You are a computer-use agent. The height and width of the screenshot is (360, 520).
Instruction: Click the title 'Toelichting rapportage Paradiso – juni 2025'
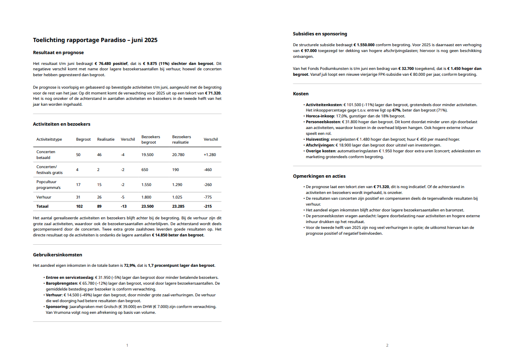(x=95, y=40)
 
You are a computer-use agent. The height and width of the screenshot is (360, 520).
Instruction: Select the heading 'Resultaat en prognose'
(x=58, y=52)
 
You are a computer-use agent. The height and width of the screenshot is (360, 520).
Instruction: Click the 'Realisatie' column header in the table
(x=106, y=139)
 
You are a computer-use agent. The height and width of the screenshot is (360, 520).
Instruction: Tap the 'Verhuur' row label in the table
(x=44, y=197)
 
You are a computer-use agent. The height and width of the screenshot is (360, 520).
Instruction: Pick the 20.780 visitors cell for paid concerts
(x=179, y=155)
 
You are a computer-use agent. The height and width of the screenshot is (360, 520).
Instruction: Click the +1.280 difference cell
(x=210, y=155)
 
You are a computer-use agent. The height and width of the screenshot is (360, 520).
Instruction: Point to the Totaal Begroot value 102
(x=79, y=206)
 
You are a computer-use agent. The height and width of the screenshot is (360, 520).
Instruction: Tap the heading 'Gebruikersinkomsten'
(x=57, y=255)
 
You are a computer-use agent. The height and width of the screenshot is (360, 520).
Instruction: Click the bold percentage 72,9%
(x=130, y=265)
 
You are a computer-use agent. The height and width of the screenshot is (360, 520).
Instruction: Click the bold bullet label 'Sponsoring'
(x=57, y=306)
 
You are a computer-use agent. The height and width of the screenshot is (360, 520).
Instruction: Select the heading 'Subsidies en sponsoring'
(x=320, y=34)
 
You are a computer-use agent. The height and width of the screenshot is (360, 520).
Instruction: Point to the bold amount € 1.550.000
(x=364, y=45)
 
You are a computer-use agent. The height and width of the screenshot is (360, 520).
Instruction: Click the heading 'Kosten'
(x=301, y=94)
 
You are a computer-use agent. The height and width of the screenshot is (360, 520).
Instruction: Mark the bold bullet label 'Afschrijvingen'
(x=319, y=145)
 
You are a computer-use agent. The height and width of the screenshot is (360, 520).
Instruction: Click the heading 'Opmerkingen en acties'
(x=319, y=176)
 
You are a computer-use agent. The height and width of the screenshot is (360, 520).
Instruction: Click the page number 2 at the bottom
(x=387, y=345)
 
